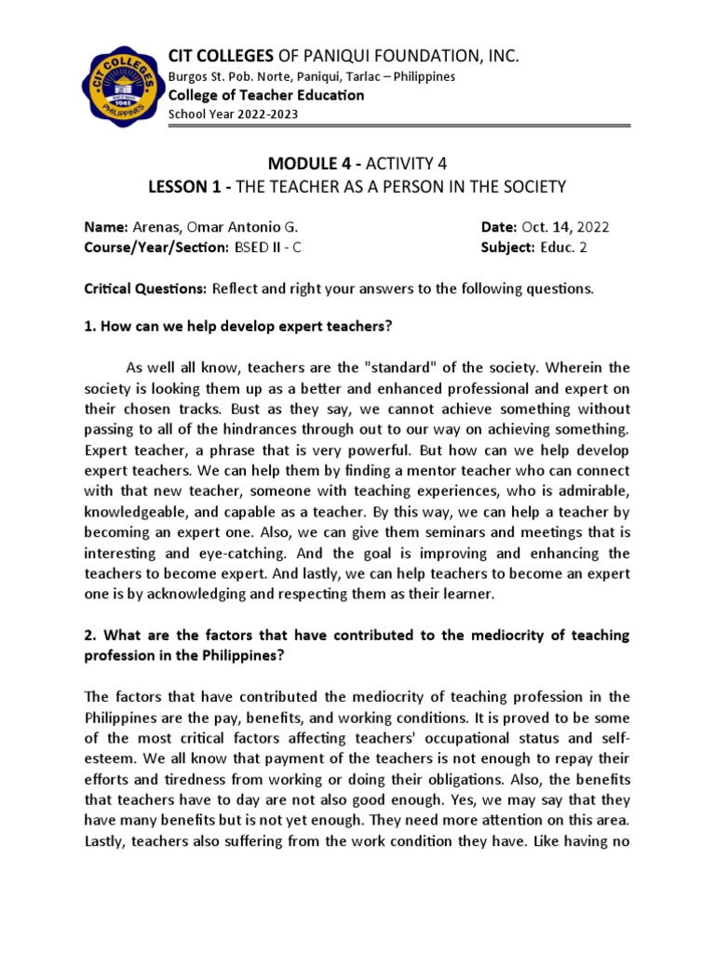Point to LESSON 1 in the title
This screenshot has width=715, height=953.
tap(187, 188)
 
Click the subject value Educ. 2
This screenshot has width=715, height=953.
tap(562, 248)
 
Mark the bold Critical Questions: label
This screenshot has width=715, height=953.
tap(145, 289)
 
